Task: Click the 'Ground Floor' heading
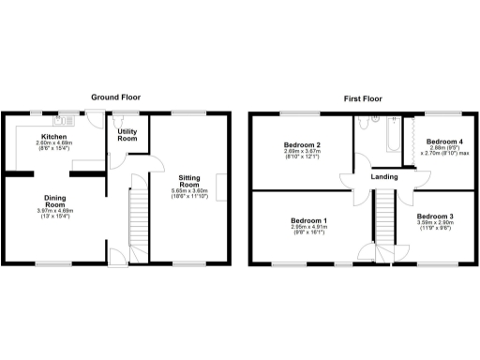(116, 97)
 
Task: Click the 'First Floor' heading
(366, 97)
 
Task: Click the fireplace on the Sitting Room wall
(221, 187)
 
